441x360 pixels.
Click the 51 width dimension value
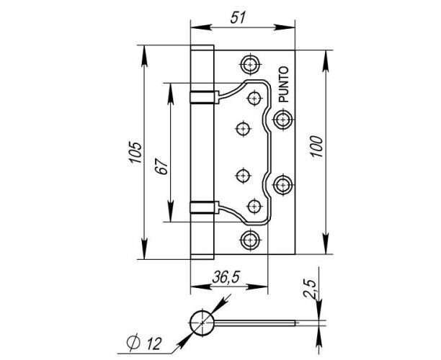point(238,18)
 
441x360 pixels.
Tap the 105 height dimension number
point(135,152)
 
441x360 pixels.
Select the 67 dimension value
point(162,166)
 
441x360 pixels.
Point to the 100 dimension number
point(316,146)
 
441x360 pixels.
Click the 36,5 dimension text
point(226,277)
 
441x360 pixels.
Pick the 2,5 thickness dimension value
point(311,289)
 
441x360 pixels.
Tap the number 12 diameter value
point(153,343)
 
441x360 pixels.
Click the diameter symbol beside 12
point(133,342)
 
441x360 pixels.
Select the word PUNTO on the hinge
point(283,84)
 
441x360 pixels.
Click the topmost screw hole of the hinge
point(250,65)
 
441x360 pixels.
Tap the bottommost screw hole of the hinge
point(249,240)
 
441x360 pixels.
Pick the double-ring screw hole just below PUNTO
point(282,120)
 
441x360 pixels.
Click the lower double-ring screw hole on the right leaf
point(282,184)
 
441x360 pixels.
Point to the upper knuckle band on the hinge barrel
point(205,97)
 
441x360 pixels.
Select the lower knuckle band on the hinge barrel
point(205,207)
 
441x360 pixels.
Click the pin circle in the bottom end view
point(202,323)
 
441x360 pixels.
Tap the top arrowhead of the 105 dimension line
point(144,56)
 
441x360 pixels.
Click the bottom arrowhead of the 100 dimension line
point(326,243)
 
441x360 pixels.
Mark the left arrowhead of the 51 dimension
point(201,27)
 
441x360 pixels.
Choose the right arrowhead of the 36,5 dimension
point(257,287)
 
